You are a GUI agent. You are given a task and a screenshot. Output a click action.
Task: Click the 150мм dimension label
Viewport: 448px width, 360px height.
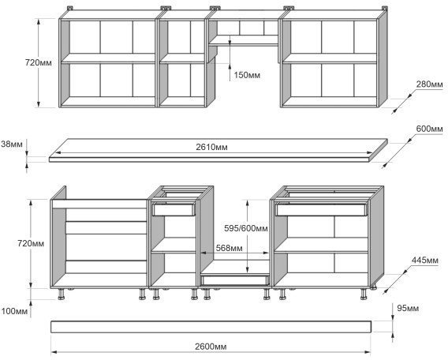pyautogui.click(x=247, y=75)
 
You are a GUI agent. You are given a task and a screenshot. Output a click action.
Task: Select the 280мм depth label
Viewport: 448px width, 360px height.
pyautogui.click(x=429, y=84)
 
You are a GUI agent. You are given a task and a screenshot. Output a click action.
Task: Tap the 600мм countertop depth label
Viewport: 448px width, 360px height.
pyautogui.click(x=429, y=129)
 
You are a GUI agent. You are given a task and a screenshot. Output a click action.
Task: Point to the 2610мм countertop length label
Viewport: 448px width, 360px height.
pyautogui.click(x=211, y=147)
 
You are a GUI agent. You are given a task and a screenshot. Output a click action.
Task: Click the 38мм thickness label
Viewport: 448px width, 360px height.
pyautogui.click(x=11, y=144)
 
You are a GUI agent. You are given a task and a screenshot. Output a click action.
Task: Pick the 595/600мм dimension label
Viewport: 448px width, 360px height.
pyautogui.click(x=246, y=228)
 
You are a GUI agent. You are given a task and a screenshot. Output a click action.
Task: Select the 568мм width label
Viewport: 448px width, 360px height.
pyautogui.click(x=230, y=248)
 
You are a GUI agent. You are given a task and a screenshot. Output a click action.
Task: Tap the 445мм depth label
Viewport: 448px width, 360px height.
pyautogui.click(x=424, y=261)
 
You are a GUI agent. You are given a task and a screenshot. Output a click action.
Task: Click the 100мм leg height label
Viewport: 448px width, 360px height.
pyautogui.click(x=14, y=311)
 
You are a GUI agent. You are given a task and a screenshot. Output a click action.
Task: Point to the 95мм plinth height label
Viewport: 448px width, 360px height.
pyautogui.click(x=408, y=308)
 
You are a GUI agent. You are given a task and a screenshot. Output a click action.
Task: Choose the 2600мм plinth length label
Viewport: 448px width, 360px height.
pyautogui.click(x=211, y=347)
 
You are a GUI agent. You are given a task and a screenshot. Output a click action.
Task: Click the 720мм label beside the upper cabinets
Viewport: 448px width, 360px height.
pyautogui.click(x=39, y=62)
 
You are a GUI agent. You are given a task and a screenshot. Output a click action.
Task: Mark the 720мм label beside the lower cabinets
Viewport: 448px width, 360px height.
pyautogui.click(x=31, y=243)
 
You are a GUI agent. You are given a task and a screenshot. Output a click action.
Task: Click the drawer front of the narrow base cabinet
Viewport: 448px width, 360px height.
pyautogui.click(x=174, y=209)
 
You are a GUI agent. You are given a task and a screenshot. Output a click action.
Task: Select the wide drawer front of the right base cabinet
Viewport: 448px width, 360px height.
pyautogui.click(x=321, y=209)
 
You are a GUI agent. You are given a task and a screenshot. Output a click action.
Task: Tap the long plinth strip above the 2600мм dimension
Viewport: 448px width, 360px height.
pyautogui.click(x=211, y=327)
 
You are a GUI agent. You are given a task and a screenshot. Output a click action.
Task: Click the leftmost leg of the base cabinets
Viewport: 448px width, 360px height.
pyautogui.click(x=62, y=294)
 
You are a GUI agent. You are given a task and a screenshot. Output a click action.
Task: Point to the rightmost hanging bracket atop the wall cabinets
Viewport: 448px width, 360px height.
pyautogui.click(x=384, y=8)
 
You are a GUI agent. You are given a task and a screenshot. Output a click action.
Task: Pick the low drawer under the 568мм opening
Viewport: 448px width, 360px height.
pyautogui.click(x=235, y=280)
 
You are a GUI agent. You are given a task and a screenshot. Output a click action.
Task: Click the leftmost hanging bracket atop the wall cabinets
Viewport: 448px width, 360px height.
pyautogui.click(x=70, y=8)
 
